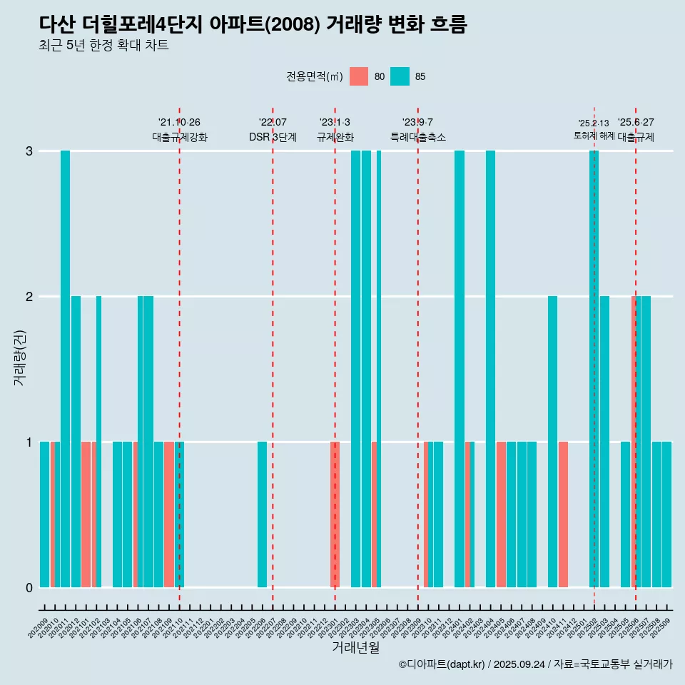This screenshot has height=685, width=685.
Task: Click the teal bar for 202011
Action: pos(65,369)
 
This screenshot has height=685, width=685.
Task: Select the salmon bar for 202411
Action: pos(563,514)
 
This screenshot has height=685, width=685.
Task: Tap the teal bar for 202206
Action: pos(262,514)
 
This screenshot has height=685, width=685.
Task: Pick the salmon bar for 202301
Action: pos(335,514)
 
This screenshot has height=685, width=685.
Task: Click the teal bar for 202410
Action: pos(552,442)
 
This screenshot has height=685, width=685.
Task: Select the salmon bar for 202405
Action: pos(501,514)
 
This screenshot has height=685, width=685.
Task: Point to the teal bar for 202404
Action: pos(490,369)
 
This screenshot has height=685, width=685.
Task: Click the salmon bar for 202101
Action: pos(86,514)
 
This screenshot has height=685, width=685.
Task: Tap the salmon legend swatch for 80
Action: pos(359,76)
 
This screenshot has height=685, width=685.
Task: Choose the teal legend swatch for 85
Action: pos(400,76)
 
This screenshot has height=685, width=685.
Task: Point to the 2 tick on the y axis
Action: pos(29,296)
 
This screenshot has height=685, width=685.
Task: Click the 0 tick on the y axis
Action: pos(29,587)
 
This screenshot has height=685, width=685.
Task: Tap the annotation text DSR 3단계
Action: pos(273,137)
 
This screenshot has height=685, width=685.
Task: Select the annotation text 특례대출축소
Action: pos(418,137)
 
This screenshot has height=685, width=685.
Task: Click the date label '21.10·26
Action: pos(179,123)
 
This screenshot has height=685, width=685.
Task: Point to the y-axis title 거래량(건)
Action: pos(19,357)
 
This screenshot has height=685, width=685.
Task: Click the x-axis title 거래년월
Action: pos(356,647)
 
